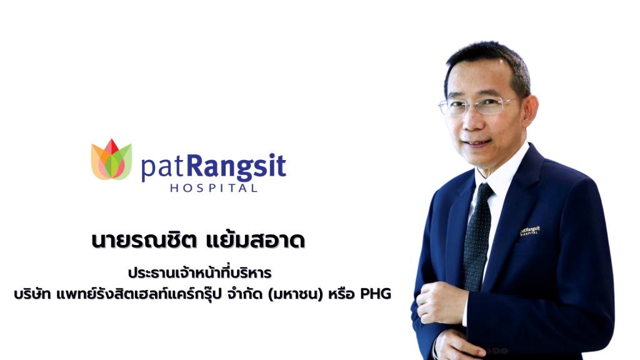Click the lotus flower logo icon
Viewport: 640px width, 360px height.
pyautogui.click(x=111, y=160)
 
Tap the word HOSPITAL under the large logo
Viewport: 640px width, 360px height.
pyautogui.click(x=213, y=187)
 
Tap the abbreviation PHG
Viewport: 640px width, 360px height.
pyautogui.click(x=376, y=294)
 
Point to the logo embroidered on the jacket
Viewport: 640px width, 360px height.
pyautogui.click(x=529, y=231)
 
